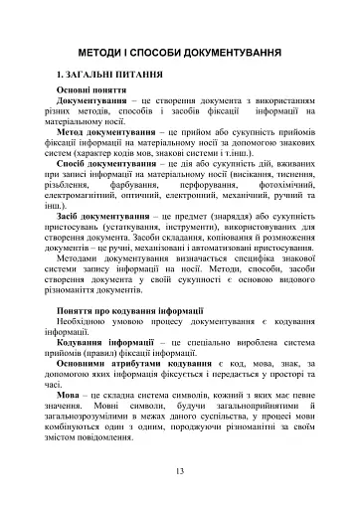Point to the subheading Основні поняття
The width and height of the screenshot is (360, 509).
pos(99,117)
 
